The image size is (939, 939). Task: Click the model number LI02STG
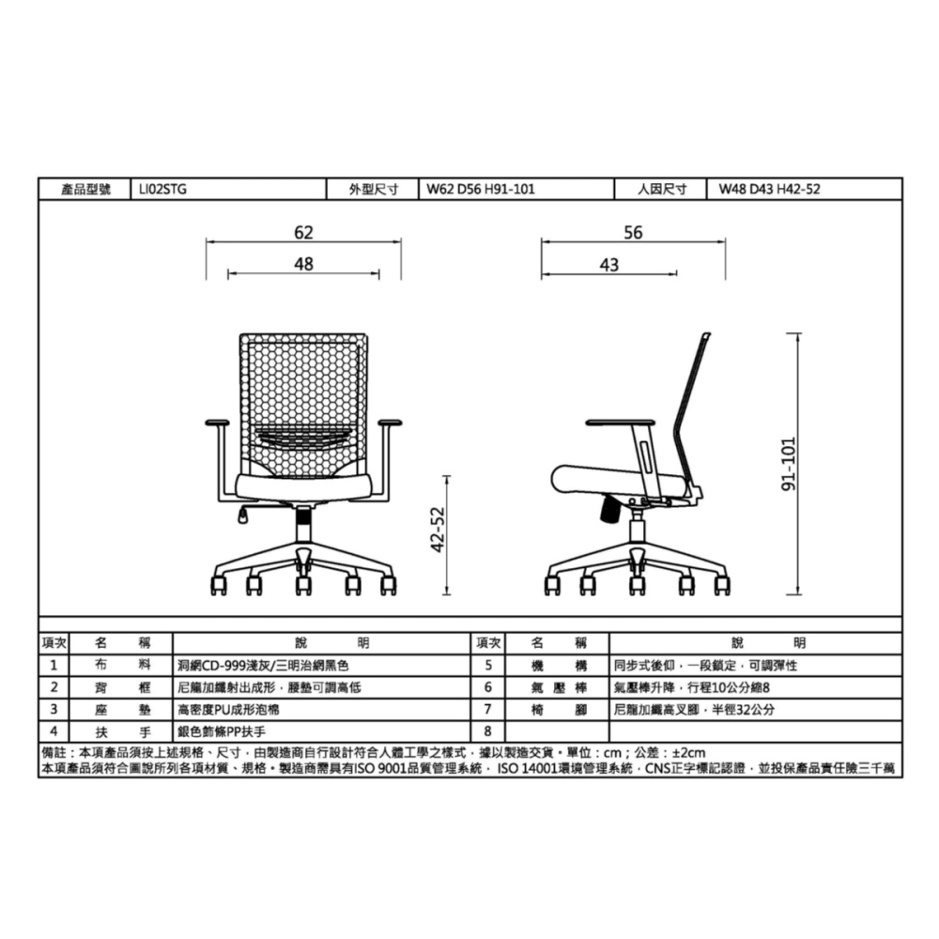pos(162,190)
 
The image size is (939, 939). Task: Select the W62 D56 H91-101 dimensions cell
pos(480,190)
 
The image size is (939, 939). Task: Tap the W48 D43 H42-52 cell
pos(770,190)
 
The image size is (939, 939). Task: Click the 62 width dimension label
pos(303,232)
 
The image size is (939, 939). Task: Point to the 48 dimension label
pos(303,264)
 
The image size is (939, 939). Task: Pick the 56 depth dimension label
pos(633,232)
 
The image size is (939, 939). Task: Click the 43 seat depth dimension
pos(609,265)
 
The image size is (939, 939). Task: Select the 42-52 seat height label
pos(439,530)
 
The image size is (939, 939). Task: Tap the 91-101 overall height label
pos(790,464)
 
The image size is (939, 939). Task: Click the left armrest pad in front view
pos(217,423)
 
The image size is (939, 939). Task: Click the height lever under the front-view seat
pos(244,515)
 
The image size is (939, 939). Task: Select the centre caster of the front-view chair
pos(303,584)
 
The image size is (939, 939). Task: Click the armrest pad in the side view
pos(620,423)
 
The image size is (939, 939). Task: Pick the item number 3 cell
pos(54,710)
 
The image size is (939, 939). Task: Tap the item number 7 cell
pos(488,710)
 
